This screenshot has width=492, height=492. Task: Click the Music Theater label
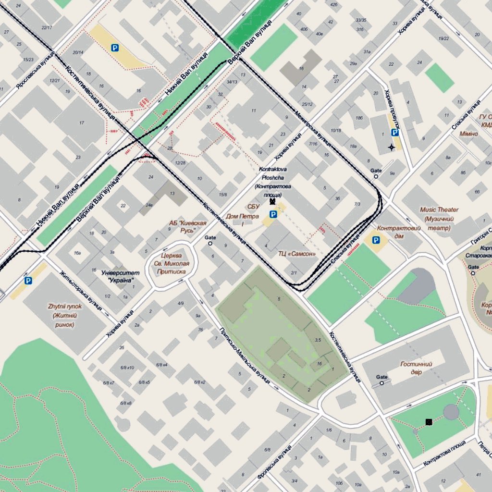(439, 219)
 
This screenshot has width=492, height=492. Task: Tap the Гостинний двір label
(416, 368)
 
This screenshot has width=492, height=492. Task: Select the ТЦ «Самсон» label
(297, 253)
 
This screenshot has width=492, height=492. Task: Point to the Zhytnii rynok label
(65, 315)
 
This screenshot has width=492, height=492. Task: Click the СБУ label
(253, 207)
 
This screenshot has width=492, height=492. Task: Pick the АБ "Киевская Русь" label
(188, 227)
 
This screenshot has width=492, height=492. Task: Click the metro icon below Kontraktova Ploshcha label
(272, 202)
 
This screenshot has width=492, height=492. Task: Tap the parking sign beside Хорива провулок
(394, 133)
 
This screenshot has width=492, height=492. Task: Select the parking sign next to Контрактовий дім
(376, 240)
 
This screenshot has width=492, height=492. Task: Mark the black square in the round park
(429, 422)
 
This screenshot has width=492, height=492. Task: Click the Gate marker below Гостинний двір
(382, 383)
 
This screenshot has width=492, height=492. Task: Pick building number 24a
(149, 205)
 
